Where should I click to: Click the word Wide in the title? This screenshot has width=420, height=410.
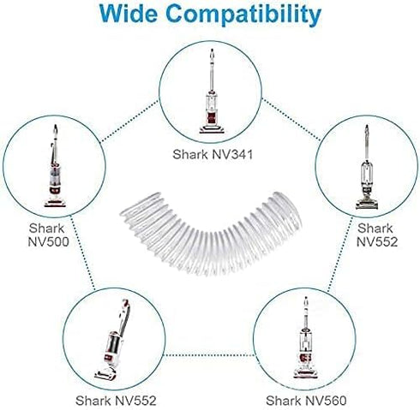(x=129, y=13)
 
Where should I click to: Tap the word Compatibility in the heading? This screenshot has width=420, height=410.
(x=243, y=15)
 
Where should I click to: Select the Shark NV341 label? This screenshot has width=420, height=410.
(x=213, y=155)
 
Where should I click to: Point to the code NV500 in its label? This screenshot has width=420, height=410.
(x=48, y=241)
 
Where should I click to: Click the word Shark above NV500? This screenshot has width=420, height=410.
(x=47, y=229)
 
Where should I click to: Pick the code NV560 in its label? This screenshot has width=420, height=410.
(x=325, y=401)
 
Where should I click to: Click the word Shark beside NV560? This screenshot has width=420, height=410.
(x=284, y=401)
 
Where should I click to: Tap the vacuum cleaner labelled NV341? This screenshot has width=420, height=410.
(x=212, y=92)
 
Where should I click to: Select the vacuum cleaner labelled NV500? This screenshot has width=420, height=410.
(x=55, y=166)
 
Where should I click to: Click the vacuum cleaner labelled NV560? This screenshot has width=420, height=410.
(x=305, y=337)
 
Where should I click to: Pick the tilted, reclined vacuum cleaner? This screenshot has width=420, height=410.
(x=113, y=340)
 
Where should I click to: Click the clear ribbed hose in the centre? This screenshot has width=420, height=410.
(x=210, y=235)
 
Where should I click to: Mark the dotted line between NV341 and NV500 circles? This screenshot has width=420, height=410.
(x=129, y=121)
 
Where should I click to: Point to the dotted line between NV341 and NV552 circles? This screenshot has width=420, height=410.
(x=291, y=119)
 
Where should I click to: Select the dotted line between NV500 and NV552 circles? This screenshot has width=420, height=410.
(x=82, y=253)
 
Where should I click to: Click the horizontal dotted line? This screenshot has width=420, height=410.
(x=209, y=355)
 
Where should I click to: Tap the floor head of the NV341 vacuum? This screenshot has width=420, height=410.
(x=212, y=130)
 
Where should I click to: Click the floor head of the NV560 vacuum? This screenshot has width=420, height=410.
(x=305, y=373)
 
